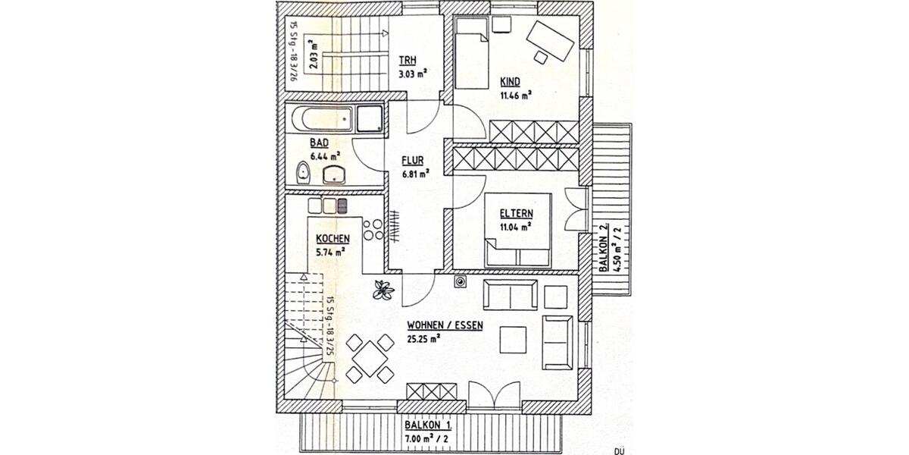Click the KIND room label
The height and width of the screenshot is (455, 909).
509,82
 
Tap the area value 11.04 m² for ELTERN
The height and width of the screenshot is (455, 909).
515,225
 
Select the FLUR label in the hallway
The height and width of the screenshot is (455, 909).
412,160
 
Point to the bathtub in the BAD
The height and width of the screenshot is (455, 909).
320,119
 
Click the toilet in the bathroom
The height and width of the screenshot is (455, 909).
303,173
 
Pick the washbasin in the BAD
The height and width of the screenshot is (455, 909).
335,174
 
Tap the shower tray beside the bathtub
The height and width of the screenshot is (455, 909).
369,119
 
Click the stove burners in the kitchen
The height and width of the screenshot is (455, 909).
373,229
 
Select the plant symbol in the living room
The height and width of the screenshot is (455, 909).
383,288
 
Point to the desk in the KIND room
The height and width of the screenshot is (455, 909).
551,40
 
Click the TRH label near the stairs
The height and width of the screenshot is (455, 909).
408,61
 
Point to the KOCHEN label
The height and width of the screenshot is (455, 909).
333,238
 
